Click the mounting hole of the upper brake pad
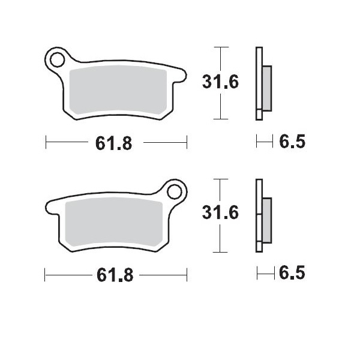58,60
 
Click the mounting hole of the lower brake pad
175,192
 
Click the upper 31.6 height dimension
220,83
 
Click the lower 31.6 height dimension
220,213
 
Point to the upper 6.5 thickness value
292,142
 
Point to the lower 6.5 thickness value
292,274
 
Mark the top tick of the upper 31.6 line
221,46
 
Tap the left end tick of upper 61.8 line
46,143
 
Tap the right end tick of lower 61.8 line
187,275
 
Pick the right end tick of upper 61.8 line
187,143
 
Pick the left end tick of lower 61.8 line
46,275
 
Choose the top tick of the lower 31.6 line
221,178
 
